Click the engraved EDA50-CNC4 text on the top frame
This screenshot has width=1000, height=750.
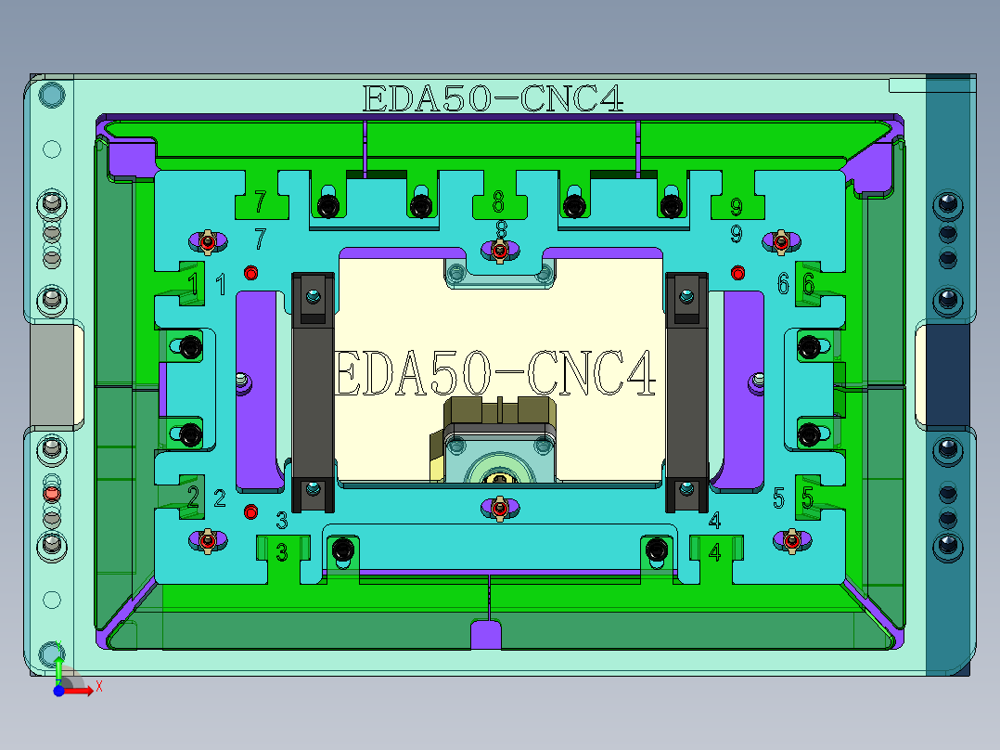pos(492,98)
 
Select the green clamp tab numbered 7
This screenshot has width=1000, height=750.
pos(260,201)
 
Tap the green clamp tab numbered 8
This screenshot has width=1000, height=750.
pos(498,200)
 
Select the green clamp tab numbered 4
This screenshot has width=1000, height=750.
pos(714,552)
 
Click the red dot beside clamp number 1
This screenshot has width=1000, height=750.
pos(250,272)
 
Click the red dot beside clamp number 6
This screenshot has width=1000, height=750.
pos(737,272)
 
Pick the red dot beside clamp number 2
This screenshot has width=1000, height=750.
pos(250,511)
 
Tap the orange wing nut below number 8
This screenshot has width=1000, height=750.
pos(499,250)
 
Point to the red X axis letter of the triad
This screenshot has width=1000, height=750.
pos(98,686)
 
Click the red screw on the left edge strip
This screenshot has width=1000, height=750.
pos(52,492)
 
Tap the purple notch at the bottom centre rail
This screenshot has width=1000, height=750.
pos(487,635)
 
